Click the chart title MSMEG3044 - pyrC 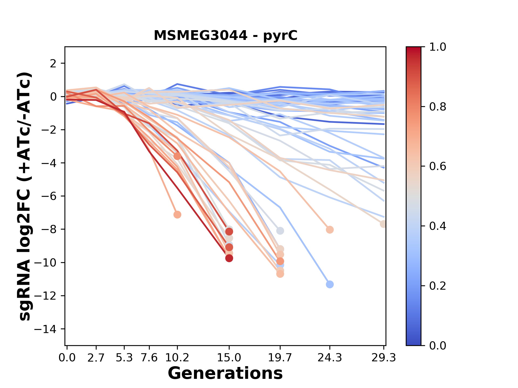(x=226, y=35)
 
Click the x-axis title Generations (x=225, y=373)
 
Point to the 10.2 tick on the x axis (x=177, y=358)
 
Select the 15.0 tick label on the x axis (x=229, y=358)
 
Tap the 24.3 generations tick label (x=329, y=358)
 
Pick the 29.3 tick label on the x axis (x=384, y=358)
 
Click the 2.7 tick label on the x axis (x=96, y=358)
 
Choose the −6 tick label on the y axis (x=49, y=196)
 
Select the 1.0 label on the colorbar (x=438, y=47)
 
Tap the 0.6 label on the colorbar (x=438, y=167)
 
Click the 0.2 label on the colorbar (x=438, y=286)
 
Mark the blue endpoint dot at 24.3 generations (x=330, y=284)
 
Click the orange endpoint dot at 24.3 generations (x=330, y=230)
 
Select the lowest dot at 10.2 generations (x=177, y=214)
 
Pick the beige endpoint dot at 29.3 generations (x=383, y=224)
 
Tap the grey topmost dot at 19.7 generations (x=280, y=231)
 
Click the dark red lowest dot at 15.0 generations (x=229, y=258)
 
